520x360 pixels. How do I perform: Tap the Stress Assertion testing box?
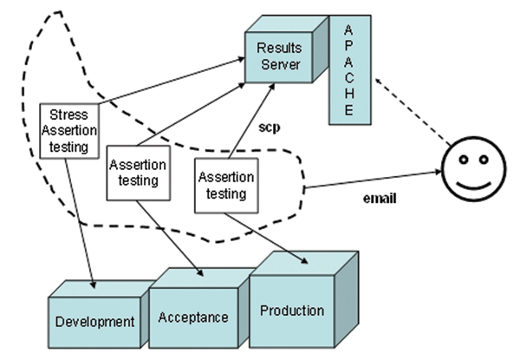(69, 130)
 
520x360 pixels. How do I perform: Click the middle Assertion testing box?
(134, 173)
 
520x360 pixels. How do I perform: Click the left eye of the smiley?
(464, 160)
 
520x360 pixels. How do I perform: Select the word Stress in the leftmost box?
(69, 115)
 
